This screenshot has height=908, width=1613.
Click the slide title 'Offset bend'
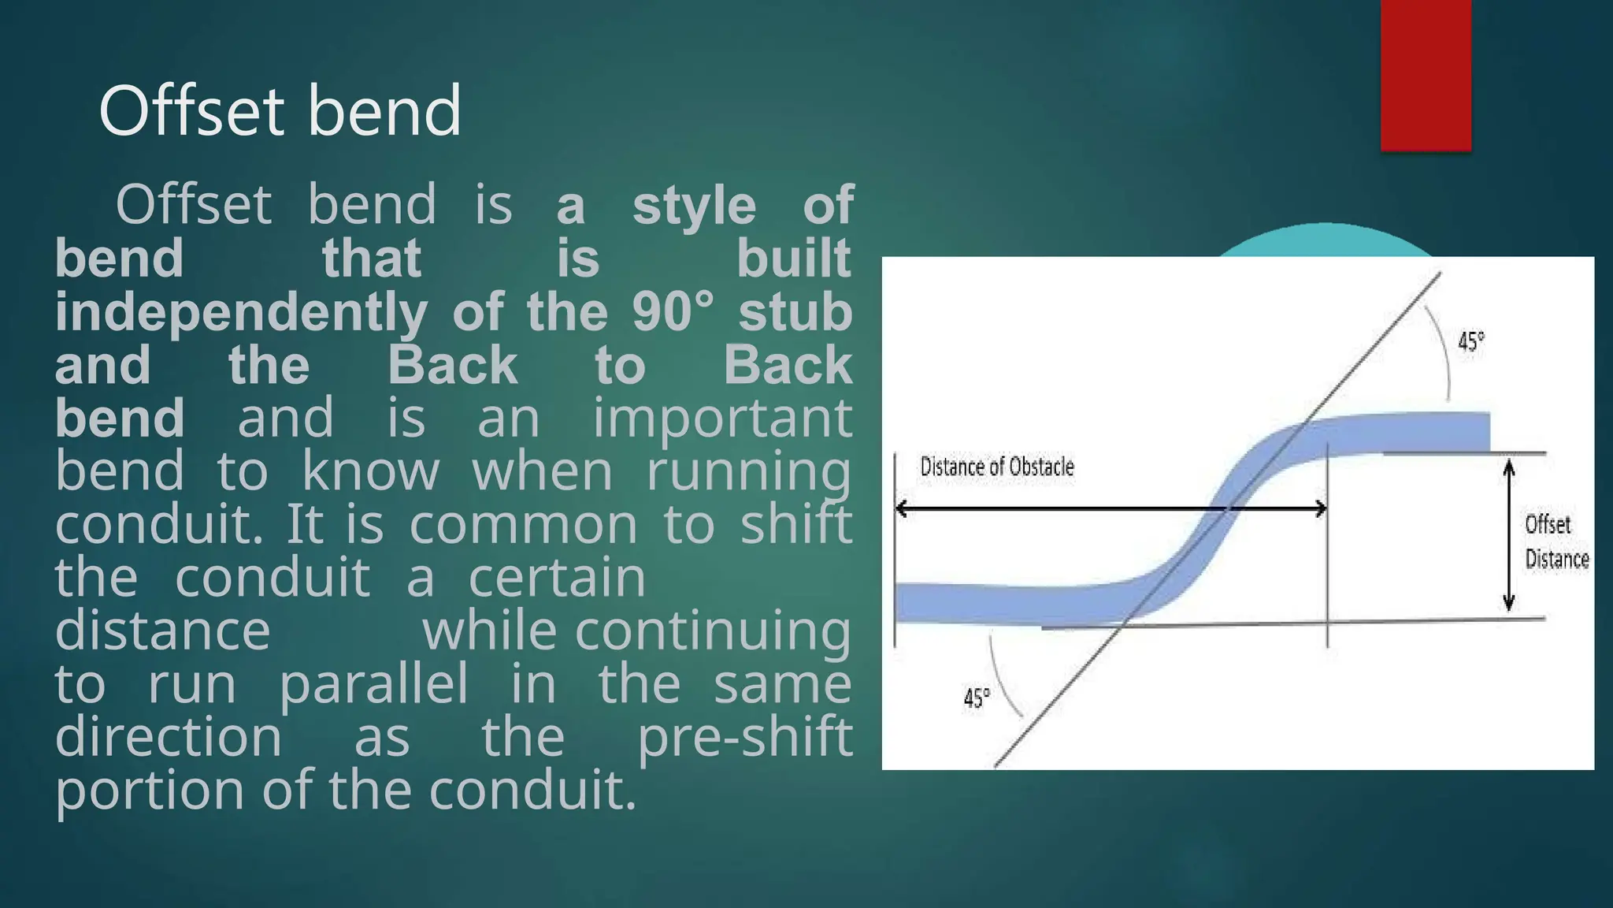280,111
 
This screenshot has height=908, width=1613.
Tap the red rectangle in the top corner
1426,75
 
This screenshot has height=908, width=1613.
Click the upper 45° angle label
1470,342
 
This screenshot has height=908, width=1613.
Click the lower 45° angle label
977,698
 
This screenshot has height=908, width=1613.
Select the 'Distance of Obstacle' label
997,467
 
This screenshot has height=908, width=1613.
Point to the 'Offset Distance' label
1556,541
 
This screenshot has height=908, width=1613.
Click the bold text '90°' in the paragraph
673,312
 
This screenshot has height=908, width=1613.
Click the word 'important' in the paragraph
722,418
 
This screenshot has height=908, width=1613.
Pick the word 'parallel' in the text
373,683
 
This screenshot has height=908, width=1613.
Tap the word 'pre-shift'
744,737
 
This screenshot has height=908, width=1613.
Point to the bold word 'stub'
795,312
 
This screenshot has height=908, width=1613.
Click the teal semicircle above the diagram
1325,241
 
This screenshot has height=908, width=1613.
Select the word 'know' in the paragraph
370,471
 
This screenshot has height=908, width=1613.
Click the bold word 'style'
694,205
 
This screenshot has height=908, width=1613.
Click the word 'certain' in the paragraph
557,578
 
